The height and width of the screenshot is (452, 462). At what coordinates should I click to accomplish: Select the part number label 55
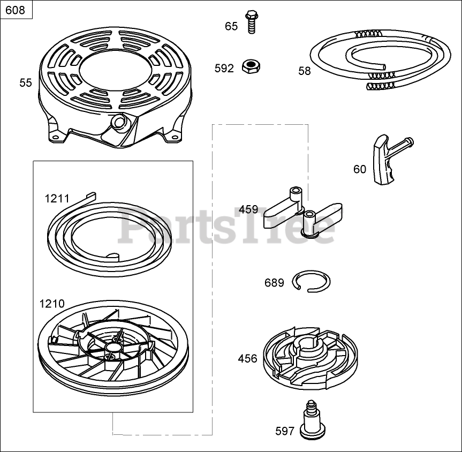pos(26,82)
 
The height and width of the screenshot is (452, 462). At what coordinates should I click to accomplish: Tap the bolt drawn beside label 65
pos(250,23)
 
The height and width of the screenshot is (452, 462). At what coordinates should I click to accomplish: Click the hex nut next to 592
pos(249,66)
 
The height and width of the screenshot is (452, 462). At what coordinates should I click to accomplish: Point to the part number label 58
pos(304,71)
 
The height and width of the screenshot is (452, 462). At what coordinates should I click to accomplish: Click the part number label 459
pos(248,209)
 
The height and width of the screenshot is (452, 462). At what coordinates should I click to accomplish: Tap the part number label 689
pos(274,283)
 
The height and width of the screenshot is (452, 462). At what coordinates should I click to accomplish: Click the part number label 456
pos(247,359)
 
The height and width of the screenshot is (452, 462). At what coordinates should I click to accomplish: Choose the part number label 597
pos(285,431)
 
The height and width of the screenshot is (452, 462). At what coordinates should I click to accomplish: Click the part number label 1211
pos(57,199)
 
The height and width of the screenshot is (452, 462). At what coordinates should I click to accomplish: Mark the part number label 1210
pos(52,304)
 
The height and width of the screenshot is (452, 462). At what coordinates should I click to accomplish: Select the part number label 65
pos(231,26)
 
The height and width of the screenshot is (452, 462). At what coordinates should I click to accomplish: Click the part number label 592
pos(224,69)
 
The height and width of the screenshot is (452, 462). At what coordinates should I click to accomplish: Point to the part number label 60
pos(360,169)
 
